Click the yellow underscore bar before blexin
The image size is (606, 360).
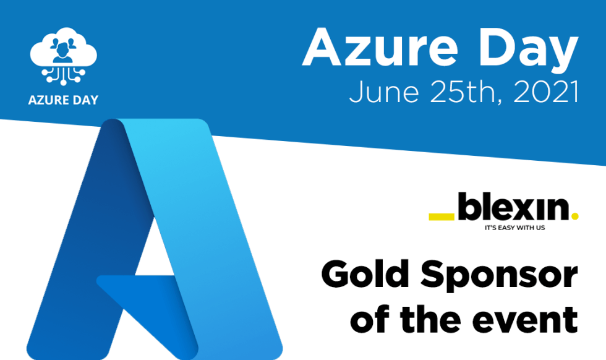(442, 217)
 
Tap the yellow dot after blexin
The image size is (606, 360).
(575, 217)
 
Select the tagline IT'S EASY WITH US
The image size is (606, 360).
(518, 228)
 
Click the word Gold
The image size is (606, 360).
(364, 273)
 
